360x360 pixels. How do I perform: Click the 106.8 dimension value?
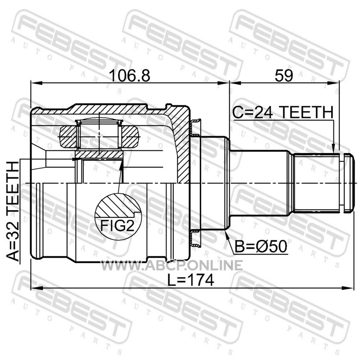pyautogui.click(x=130, y=76)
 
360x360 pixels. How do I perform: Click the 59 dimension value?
pyautogui.click(x=284, y=76)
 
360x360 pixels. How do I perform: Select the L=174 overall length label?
pyautogui.click(x=190, y=280)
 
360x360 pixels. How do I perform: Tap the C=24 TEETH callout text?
pyautogui.click(x=283, y=112)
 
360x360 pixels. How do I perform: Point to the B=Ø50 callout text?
pyautogui.click(x=261, y=246)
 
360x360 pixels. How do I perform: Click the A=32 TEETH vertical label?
pyautogui.click(x=13, y=211)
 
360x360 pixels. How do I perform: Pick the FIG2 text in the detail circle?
pyautogui.click(x=117, y=226)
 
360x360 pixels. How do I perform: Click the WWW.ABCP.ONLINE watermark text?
pyautogui.click(x=172, y=265)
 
